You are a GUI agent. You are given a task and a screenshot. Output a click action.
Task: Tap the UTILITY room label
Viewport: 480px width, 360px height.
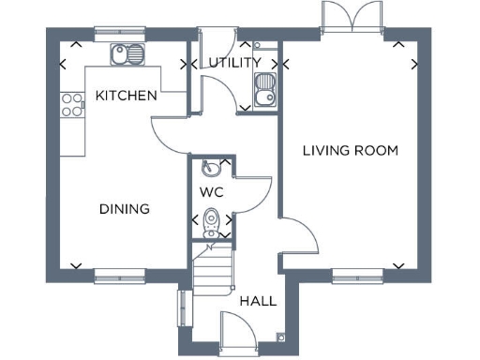[232, 63]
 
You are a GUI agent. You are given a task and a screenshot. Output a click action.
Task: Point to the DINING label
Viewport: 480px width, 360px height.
[124, 208]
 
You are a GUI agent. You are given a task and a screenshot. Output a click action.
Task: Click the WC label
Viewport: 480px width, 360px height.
[211, 191]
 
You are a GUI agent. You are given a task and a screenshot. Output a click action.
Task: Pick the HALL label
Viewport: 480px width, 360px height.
[257, 301]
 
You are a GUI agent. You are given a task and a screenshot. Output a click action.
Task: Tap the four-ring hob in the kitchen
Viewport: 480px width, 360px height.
[70, 104]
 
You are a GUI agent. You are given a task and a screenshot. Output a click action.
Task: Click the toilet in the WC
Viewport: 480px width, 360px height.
[212, 225]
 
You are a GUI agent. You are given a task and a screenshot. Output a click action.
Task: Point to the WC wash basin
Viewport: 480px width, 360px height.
[211, 168]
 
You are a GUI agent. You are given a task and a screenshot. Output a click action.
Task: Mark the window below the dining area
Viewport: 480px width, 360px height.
[119, 274]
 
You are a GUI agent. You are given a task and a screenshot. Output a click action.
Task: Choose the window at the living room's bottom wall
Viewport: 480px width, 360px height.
[357, 274]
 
